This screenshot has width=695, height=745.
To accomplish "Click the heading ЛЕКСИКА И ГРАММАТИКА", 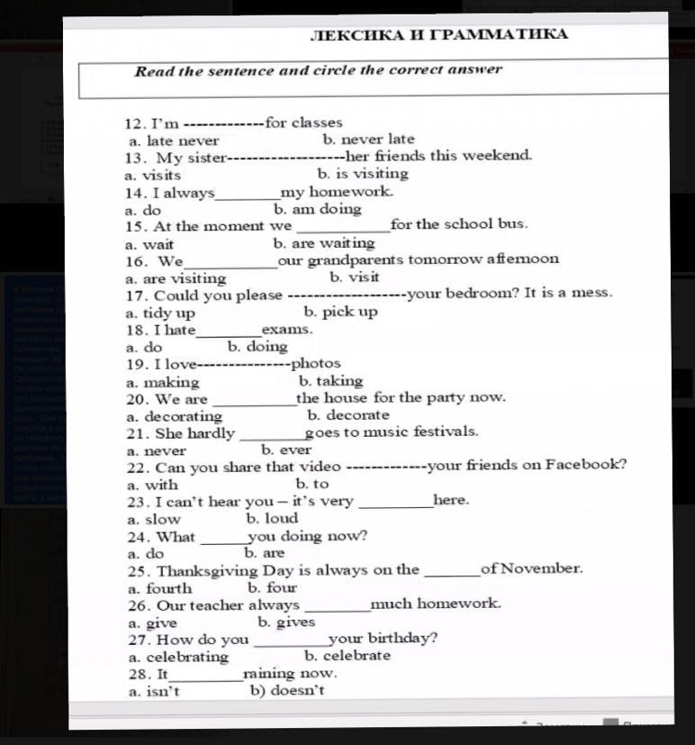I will tap(438, 35).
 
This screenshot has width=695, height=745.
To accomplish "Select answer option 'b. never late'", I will tap(368, 140).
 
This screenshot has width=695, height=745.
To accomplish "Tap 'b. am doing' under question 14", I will tap(317, 209).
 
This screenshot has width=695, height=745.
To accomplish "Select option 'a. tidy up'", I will tap(161, 313).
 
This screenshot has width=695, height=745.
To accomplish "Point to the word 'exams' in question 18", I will tap(286, 330).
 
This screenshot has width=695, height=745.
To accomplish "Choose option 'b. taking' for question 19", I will tap(330, 381).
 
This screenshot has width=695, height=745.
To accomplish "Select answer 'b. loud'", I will tap(271, 519).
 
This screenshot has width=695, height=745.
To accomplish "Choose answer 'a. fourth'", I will tap(159, 588).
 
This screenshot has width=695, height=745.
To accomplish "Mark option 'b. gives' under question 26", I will tap(286, 622).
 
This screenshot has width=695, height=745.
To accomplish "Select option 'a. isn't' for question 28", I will tap(154, 692).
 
